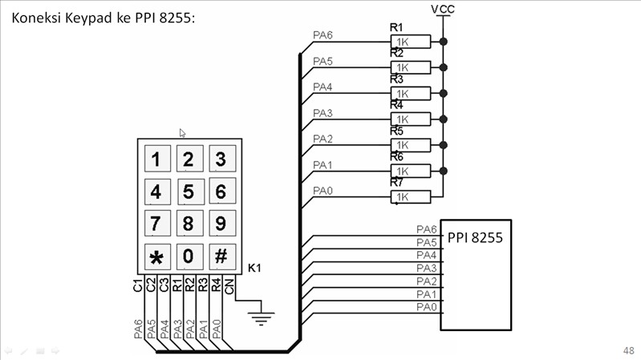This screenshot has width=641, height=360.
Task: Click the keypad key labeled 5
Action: tap(189, 192)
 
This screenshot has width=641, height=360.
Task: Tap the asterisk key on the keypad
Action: tap(156, 257)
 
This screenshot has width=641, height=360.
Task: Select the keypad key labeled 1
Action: tap(156, 159)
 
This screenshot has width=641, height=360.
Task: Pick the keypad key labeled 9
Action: tap(221, 224)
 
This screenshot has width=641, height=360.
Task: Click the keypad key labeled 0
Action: tap(189, 257)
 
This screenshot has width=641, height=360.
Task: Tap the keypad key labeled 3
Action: tap(221, 159)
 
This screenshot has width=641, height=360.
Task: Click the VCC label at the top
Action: tap(444, 9)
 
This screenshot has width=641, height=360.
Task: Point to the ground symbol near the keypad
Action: tap(259, 318)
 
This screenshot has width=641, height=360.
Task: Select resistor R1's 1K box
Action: tap(403, 41)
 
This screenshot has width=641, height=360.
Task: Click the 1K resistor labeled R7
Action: tap(403, 196)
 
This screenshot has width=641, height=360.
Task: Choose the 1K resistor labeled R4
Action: tap(403, 119)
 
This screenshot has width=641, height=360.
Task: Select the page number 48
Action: tap(627, 351)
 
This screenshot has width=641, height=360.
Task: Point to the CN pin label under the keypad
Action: tap(229, 285)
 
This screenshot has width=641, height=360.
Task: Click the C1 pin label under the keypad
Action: tap(139, 285)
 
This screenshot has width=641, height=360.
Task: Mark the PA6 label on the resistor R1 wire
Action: tap(323, 35)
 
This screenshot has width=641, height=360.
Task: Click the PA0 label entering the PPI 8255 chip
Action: tap(426, 307)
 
